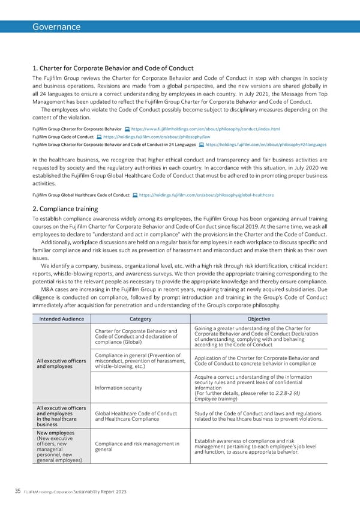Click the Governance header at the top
coord(56,26)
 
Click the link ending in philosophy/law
coord(156,137)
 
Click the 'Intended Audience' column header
coord(60,318)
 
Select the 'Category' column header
coord(140,318)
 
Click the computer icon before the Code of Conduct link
coord(98,137)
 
